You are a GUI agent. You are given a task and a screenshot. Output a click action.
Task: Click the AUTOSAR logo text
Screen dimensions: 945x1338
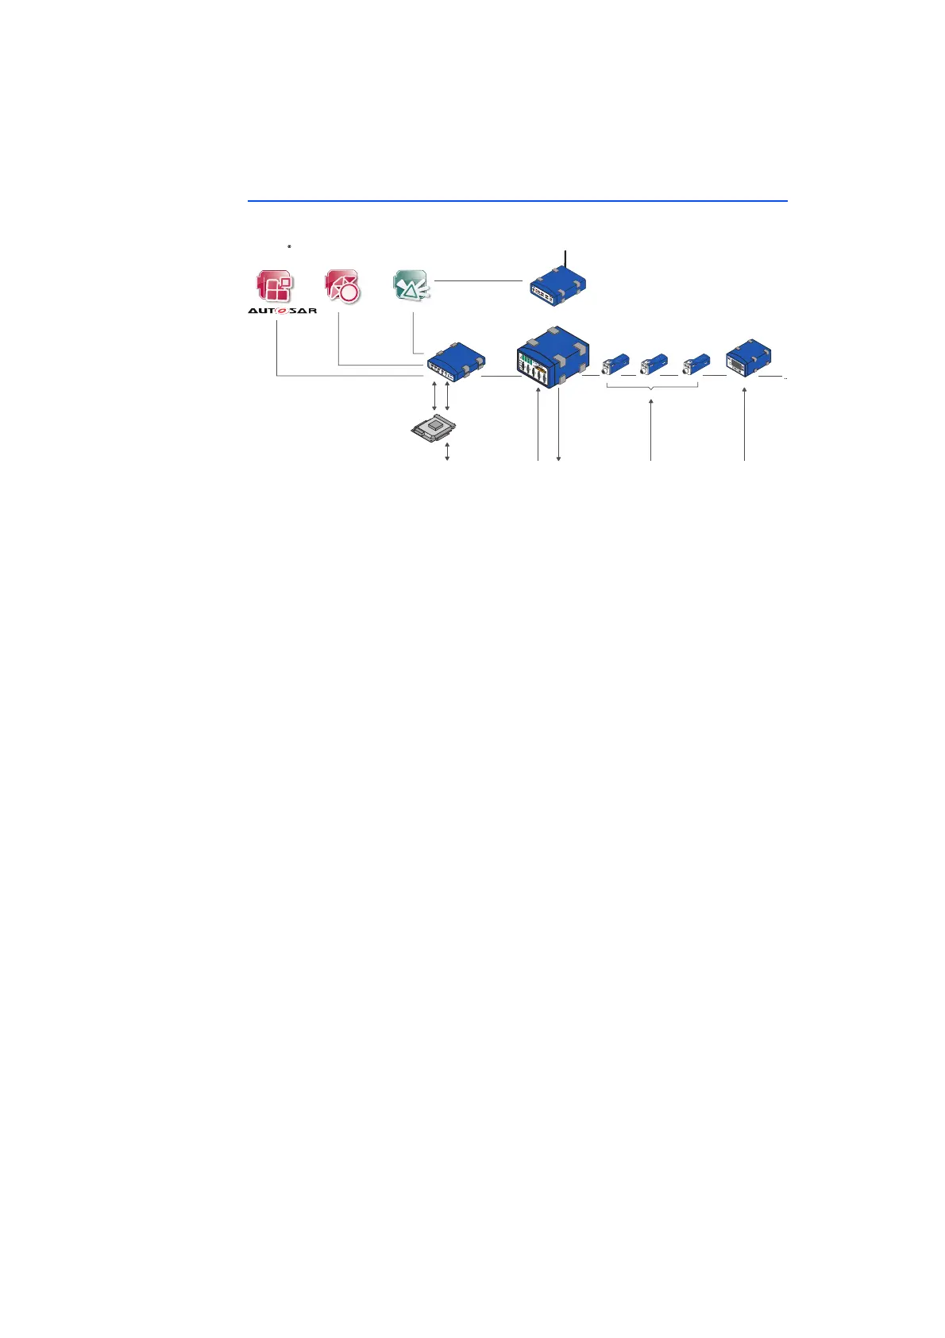click(282, 310)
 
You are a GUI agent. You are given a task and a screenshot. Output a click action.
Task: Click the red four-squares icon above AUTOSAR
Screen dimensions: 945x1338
click(275, 286)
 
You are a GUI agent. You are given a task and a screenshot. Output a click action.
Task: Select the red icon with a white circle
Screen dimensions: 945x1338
click(343, 286)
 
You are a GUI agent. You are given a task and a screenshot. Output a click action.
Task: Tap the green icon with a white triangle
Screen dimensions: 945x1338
click(411, 286)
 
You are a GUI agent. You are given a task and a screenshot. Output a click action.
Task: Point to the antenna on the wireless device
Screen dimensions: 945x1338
click(565, 259)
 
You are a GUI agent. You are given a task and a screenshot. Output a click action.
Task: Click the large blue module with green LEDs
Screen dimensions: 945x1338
click(553, 358)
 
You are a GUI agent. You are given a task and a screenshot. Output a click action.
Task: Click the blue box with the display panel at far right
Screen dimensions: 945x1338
click(749, 358)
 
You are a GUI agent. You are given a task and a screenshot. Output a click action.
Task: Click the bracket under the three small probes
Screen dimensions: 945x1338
click(652, 387)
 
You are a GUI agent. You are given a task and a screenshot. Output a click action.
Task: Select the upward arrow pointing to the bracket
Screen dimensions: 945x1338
click(651, 429)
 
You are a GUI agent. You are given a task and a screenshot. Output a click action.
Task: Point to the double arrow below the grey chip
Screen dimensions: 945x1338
click(448, 452)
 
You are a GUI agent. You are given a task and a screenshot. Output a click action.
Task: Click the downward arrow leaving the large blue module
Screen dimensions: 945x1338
click(559, 429)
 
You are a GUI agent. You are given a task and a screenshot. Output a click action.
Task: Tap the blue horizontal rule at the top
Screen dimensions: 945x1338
click(517, 201)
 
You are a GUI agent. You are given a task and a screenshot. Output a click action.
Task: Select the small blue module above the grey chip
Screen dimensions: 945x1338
click(456, 362)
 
